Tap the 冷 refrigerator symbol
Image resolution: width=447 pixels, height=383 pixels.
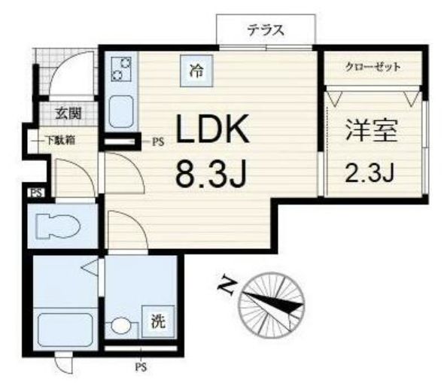point(196,72)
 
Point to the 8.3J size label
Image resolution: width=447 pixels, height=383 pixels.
point(212,175)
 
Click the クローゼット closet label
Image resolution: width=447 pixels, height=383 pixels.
point(372,67)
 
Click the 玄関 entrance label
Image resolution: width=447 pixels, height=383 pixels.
point(68,114)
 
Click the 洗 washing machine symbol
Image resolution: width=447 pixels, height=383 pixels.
point(157,322)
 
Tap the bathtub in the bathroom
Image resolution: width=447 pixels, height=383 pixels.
point(64,329)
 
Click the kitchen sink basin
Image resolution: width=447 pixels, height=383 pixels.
point(120,112)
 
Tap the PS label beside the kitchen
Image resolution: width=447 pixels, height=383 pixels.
point(158,141)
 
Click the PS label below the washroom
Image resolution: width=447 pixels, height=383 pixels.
point(140,367)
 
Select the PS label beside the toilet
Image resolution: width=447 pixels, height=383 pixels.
point(35,193)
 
